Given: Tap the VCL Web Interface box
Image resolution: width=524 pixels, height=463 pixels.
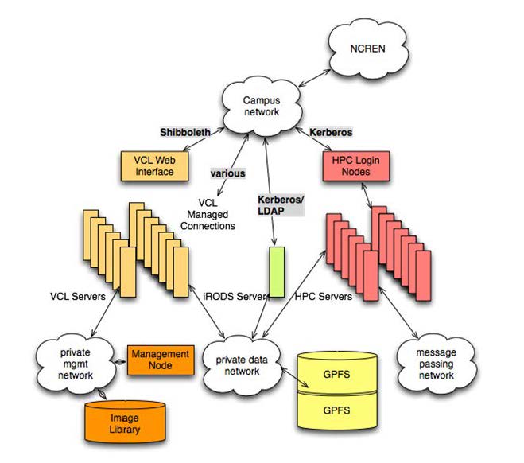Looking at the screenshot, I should (153, 165).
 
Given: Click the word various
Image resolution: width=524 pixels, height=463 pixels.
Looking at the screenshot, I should (227, 172).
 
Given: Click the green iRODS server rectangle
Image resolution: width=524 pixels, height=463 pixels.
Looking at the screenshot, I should (276, 271).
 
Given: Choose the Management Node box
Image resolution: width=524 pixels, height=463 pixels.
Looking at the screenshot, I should (160, 360).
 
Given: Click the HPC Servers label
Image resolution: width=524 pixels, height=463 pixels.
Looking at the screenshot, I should (322, 297).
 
